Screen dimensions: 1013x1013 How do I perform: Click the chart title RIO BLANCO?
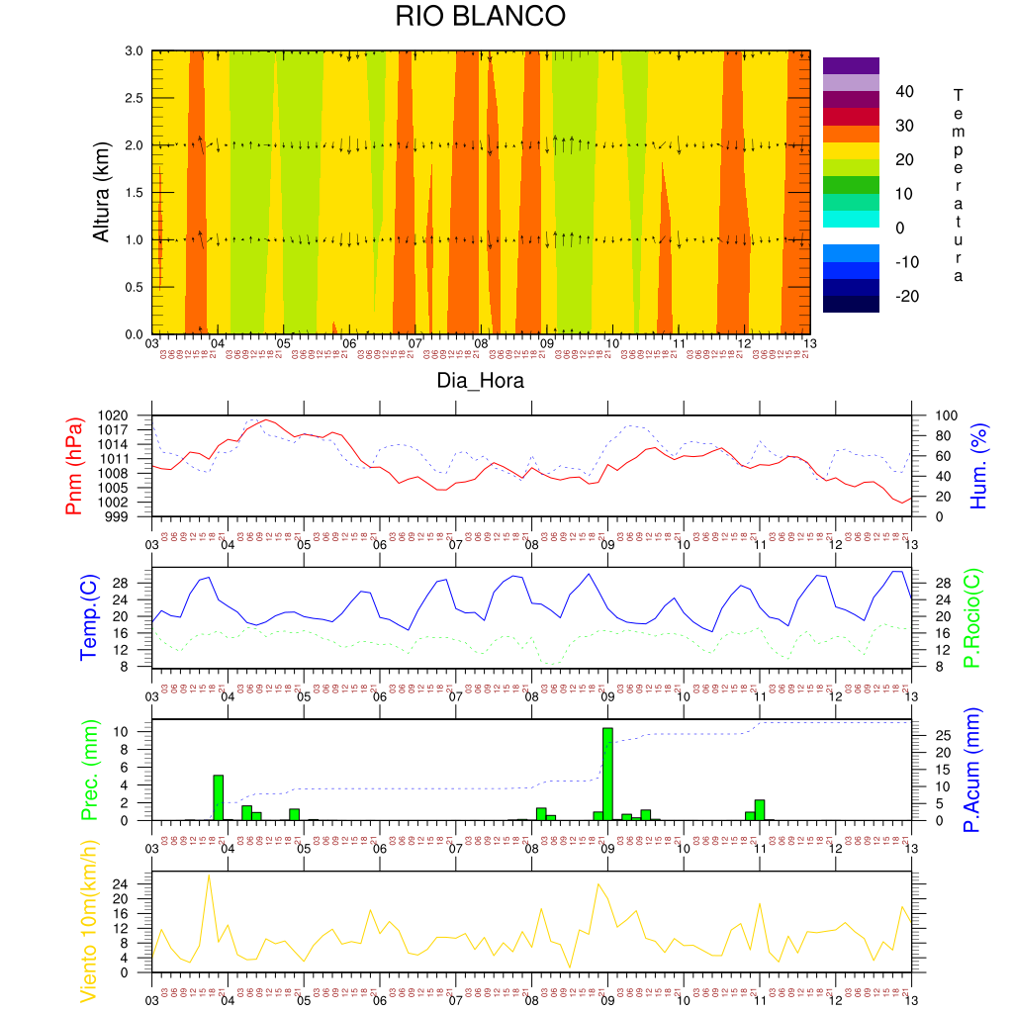point(480,17)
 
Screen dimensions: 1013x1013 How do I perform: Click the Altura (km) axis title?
point(101,193)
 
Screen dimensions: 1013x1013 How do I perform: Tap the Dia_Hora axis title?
point(481,381)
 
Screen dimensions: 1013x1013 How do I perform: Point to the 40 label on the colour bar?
point(905,92)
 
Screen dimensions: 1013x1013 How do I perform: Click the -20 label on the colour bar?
point(907,296)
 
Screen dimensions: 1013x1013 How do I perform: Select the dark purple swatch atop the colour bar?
point(851,65)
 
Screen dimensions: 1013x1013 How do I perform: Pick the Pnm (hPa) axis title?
point(74,465)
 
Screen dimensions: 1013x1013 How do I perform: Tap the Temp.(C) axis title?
point(87,616)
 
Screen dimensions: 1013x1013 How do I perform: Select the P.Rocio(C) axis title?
point(972,616)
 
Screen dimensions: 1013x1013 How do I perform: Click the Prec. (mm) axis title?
point(87,770)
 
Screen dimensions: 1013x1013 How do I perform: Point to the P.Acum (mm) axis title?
point(972,770)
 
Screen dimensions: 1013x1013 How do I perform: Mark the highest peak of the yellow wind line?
point(208,875)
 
